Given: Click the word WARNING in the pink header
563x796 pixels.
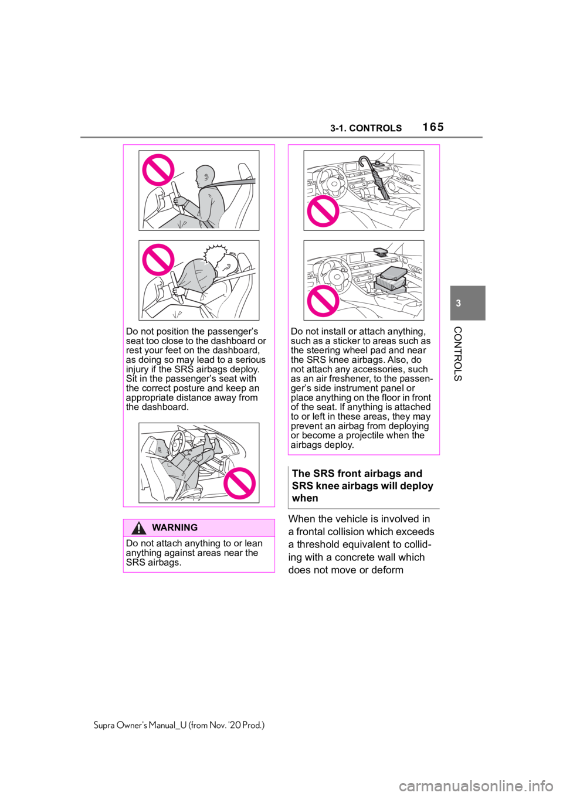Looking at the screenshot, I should click(x=174, y=528).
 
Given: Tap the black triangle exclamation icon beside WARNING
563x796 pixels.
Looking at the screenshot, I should click(x=138, y=528).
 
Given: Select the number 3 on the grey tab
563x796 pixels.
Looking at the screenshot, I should click(x=458, y=303).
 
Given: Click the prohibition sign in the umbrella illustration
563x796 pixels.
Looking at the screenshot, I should click(x=323, y=211).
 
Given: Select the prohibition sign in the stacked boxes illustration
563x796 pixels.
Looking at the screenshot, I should click(x=323, y=301).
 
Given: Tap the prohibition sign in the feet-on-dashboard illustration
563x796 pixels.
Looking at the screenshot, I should click(x=240, y=484).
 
